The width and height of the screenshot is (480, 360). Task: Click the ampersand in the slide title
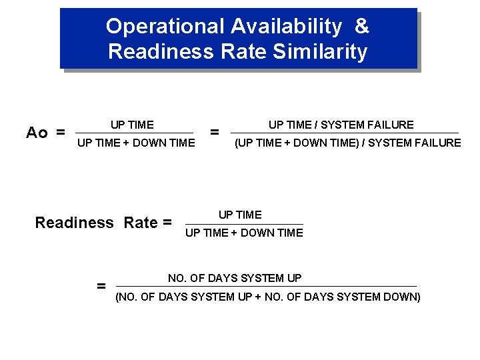pyautogui.click(x=362, y=27)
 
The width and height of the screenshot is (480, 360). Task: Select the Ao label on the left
pyautogui.click(x=37, y=133)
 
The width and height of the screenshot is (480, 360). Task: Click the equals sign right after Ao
pyautogui.click(x=61, y=133)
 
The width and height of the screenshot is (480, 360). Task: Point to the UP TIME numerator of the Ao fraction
pyautogui.click(x=132, y=125)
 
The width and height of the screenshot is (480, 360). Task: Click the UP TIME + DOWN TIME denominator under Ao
pyautogui.click(x=136, y=142)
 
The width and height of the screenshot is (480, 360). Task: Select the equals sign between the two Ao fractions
pyautogui.click(x=215, y=133)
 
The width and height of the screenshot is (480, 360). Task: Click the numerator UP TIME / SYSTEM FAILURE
pyautogui.click(x=341, y=125)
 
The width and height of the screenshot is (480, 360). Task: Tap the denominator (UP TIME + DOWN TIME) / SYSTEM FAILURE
pyautogui.click(x=347, y=142)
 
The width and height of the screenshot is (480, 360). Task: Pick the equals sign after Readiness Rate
pyautogui.click(x=167, y=223)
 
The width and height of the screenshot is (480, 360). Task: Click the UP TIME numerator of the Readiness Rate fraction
pyautogui.click(x=240, y=215)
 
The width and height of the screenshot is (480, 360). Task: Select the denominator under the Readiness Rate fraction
pyautogui.click(x=244, y=233)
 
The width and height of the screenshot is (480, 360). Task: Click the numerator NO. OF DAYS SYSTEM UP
pyautogui.click(x=235, y=278)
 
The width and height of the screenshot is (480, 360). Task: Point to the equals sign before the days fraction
pyautogui.click(x=101, y=287)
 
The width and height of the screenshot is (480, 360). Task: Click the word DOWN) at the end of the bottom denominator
pyautogui.click(x=403, y=297)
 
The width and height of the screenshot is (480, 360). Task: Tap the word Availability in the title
pyautogui.click(x=287, y=27)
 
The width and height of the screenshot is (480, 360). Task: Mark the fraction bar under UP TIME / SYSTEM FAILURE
pyautogui.click(x=345, y=133)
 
